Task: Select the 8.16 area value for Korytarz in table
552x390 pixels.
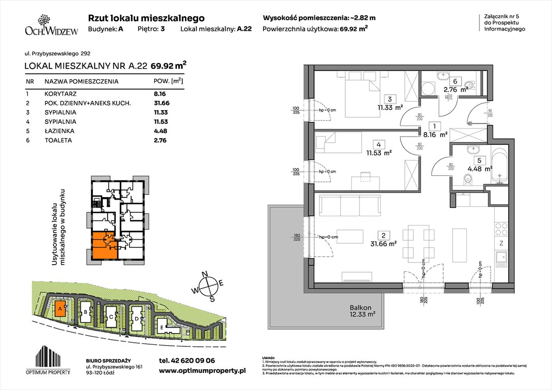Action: click(160, 94)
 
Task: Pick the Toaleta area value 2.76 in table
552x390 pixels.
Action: click(160, 140)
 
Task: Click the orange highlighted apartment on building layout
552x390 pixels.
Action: click(105, 245)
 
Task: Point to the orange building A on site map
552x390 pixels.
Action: click(60, 308)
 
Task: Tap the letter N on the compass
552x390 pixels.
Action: click(206, 275)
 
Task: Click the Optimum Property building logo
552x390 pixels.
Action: click(51, 354)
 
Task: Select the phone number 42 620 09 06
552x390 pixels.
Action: click(186, 361)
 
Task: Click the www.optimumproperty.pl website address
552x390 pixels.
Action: click(202, 371)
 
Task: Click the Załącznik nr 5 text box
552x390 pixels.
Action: click(502, 23)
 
